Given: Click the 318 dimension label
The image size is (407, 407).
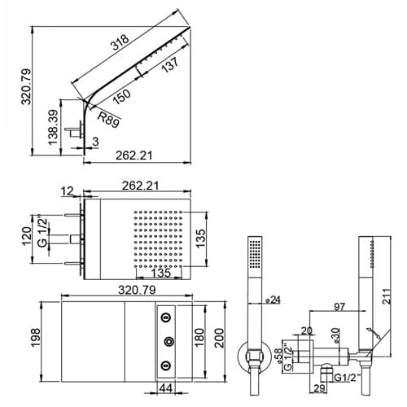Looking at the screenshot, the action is click(120, 42).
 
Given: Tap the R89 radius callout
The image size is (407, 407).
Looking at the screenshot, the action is click(108, 120).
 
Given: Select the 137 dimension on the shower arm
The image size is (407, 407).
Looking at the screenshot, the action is click(170, 64).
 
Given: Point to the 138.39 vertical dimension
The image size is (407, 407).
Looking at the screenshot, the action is click(53, 127).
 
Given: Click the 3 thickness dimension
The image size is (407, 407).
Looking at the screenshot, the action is click(95, 142).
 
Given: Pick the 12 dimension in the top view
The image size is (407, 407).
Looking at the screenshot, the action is click(67, 191).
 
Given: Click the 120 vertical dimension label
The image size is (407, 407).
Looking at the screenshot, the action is click(27, 236).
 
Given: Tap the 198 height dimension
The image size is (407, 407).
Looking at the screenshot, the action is click(36, 337).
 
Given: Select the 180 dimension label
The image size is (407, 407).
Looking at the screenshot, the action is click(199, 337).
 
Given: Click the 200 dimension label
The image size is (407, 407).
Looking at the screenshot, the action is click(219, 338).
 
